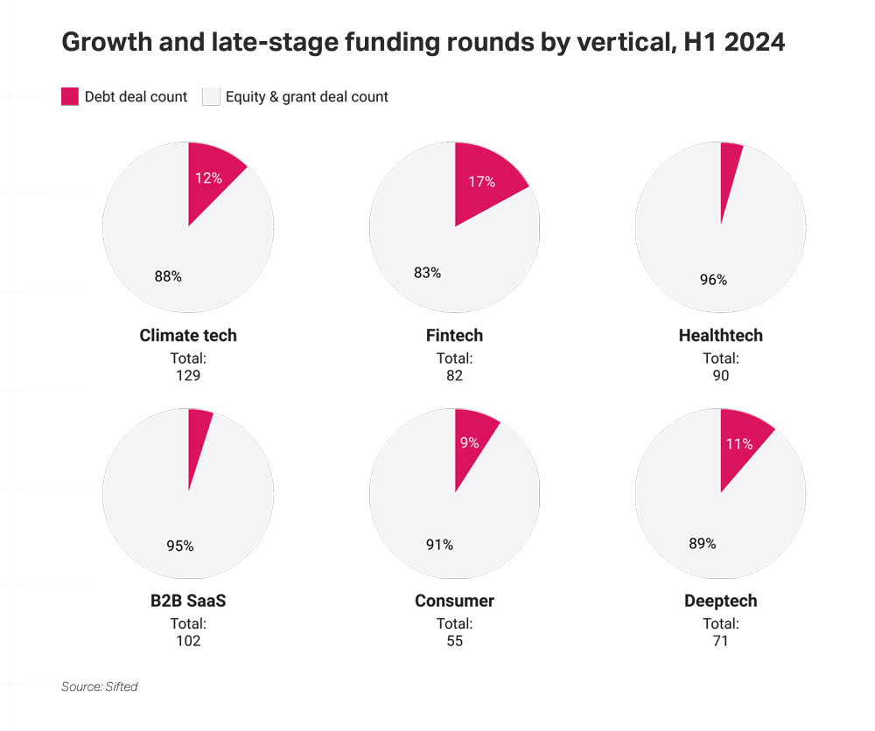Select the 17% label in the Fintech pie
(x=481, y=182)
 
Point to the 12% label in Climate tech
(x=208, y=178)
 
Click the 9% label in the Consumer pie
(x=469, y=442)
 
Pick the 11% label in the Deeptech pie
(x=738, y=444)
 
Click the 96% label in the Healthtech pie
(x=713, y=280)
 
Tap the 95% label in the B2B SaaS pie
(x=179, y=546)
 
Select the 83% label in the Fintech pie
(x=428, y=273)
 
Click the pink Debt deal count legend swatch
(x=70, y=96)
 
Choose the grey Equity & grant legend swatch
(x=211, y=96)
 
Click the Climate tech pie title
(x=188, y=335)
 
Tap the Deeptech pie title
(x=720, y=601)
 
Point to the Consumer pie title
(x=454, y=601)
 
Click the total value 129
(x=188, y=375)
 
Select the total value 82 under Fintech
(x=454, y=375)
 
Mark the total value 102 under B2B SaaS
(x=188, y=641)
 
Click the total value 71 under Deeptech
(x=720, y=641)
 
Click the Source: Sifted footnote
(x=100, y=686)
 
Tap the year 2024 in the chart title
(x=754, y=42)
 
